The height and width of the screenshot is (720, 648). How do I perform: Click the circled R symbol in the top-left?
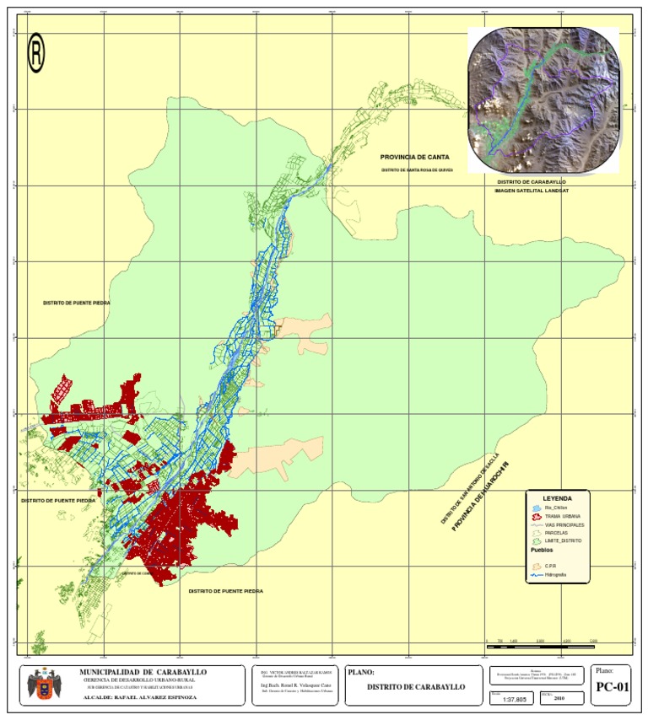36,53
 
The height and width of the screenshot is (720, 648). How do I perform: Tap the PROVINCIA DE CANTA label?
414,157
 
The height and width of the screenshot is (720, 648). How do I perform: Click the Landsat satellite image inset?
543,99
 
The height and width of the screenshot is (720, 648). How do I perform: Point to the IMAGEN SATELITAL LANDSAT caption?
532,191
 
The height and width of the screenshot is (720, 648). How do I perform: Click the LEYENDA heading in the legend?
557,498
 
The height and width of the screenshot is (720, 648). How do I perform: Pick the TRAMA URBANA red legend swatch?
537,516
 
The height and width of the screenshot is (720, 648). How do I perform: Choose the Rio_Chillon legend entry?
553,508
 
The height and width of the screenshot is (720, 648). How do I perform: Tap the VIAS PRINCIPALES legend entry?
562,524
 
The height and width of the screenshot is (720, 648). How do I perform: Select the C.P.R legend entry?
550,566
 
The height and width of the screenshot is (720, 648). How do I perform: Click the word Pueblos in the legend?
542,550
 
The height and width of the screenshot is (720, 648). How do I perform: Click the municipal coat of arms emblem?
43,684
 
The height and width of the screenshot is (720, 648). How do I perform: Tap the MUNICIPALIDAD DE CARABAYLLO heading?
143,672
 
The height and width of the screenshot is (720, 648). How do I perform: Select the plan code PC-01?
612,687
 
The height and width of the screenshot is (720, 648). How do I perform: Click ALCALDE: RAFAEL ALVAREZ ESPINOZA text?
142,698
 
